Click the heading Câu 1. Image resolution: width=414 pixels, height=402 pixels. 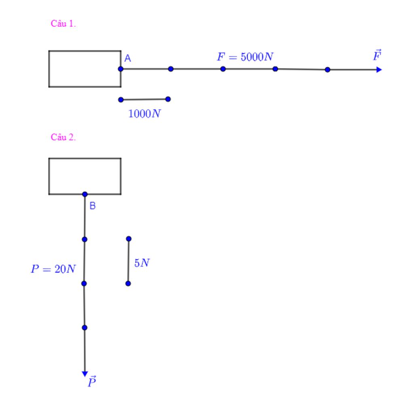[x=63, y=23]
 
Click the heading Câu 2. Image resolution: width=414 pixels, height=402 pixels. [x=63, y=137]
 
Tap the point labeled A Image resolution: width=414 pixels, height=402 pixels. [x=120, y=69]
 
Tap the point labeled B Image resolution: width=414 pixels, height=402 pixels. [x=85, y=194]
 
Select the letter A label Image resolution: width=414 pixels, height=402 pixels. [x=128, y=59]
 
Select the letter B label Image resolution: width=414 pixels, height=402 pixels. [x=93, y=206]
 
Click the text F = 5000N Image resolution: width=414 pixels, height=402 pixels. [x=245, y=57]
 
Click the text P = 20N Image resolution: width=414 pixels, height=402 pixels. [x=53, y=269]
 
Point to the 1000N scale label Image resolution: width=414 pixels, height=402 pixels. [x=144, y=114]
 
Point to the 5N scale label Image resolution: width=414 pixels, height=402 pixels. [x=142, y=263]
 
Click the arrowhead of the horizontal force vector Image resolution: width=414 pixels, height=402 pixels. [x=378, y=70]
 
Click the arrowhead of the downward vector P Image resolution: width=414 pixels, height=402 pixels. [x=85, y=374]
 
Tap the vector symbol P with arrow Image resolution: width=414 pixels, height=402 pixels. [x=92, y=381]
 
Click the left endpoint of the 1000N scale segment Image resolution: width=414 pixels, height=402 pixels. [x=121, y=99]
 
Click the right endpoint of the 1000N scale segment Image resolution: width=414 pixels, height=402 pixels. [x=168, y=99]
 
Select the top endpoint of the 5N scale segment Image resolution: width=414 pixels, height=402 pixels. [x=129, y=239]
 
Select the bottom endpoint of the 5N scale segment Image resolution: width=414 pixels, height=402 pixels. [x=128, y=284]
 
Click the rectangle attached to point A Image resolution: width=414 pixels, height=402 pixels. [x=85, y=69]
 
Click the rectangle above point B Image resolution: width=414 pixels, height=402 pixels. [x=85, y=176]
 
